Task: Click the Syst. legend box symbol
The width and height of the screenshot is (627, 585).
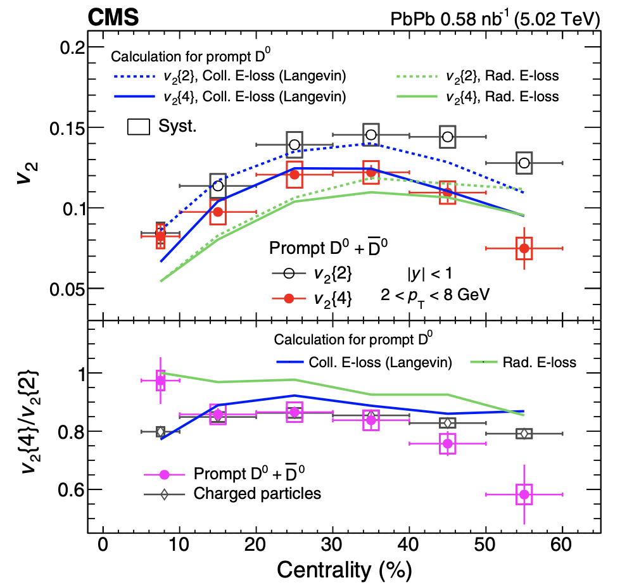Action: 139,126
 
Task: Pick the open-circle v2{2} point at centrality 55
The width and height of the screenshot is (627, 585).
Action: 524,163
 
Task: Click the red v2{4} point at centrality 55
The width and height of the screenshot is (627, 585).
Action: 524,248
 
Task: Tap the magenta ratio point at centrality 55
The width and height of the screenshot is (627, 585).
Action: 524,494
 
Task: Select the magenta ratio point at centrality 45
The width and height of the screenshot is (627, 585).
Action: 448,444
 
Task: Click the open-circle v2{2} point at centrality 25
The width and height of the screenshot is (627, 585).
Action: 294,144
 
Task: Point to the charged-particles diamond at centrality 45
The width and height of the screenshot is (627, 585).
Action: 448,423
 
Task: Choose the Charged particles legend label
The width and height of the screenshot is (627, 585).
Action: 258,493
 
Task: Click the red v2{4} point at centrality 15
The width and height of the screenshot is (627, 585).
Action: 218,211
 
